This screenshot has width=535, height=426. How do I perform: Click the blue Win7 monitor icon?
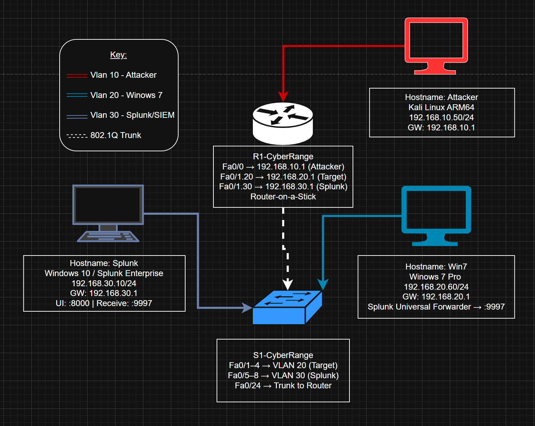[436, 214]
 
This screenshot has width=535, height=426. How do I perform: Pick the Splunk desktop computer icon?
[108, 213]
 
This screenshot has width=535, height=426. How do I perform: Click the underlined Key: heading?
[119, 55]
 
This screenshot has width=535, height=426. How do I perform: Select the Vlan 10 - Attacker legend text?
[123, 75]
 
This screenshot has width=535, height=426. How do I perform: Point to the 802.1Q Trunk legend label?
[116, 135]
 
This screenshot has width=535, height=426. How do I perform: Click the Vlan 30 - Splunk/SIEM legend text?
[132, 115]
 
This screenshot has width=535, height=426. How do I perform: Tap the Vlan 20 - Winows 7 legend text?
[126, 95]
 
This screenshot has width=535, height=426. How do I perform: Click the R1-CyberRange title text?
[283, 157]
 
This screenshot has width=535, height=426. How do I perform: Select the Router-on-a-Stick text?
[283, 197]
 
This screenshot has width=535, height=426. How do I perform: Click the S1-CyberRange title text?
[283, 355]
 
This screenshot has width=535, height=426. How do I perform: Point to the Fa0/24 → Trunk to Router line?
[283, 386]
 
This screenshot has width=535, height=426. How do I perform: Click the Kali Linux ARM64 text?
[441, 107]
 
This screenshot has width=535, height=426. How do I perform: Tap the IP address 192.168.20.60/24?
[436, 287]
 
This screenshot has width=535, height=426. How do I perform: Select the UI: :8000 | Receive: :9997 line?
[104, 303]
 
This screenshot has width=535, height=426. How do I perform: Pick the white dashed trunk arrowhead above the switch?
[288, 284]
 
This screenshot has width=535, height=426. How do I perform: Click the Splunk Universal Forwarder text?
[419, 307]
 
